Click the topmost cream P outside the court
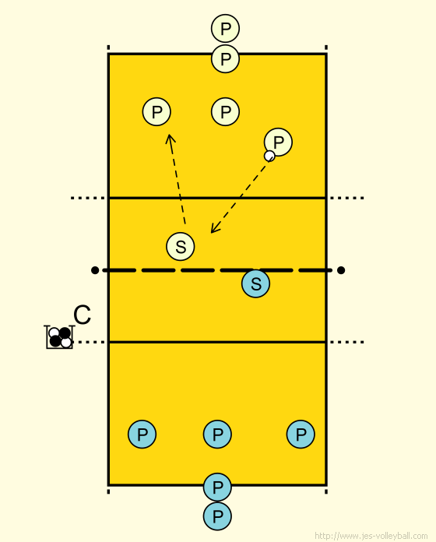click(x=225, y=28)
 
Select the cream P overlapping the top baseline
click(x=225, y=58)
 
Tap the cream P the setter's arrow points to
click(x=156, y=111)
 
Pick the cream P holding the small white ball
click(x=278, y=142)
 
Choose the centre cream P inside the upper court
click(x=225, y=111)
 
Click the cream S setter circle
click(x=181, y=246)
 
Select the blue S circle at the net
click(x=255, y=283)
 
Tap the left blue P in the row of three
click(x=142, y=435)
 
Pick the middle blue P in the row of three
click(x=217, y=435)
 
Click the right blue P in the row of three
click(x=301, y=435)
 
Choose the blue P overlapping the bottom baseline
click(x=217, y=487)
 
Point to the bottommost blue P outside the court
click(x=217, y=516)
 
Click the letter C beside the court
click(x=83, y=315)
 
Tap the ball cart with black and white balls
click(x=59, y=337)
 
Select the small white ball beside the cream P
click(x=269, y=156)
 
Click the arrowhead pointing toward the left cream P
click(x=170, y=139)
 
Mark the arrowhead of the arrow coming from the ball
click(x=214, y=228)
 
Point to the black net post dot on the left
click(x=95, y=270)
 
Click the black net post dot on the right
click(x=341, y=270)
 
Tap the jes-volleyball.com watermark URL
click(x=371, y=536)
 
